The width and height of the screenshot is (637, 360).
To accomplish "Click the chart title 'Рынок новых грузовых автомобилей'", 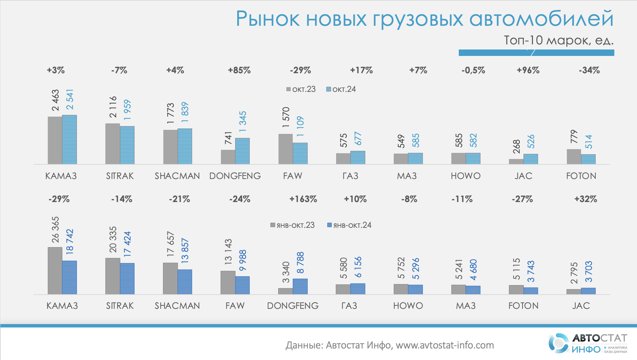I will pyautogui.click(x=424, y=19).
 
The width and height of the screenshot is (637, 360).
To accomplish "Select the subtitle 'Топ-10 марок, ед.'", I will pyautogui.click(x=558, y=40).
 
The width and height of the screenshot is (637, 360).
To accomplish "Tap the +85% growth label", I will pyautogui.click(x=239, y=70).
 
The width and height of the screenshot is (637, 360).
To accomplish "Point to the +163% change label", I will pyautogui.click(x=303, y=199).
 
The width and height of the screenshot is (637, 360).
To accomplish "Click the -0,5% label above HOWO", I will pyautogui.click(x=473, y=70).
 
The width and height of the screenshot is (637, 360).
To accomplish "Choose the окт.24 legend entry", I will pyautogui.click(x=341, y=89).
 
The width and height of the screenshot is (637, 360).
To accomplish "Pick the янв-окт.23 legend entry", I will pyautogui.click(x=293, y=225).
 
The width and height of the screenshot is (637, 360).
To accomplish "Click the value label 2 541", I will pyautogui.click(x=70, y=100).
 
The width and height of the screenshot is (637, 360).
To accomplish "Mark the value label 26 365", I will pyautogui.click(x=55, y=230).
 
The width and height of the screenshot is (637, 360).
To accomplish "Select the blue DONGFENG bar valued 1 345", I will pyautogui.click(x=242, y=151).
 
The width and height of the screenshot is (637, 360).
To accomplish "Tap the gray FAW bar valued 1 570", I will pyautogui.click(x=286, y=149).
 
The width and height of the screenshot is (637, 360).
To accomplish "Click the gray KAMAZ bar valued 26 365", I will pyautogui.click(x=55, y=271).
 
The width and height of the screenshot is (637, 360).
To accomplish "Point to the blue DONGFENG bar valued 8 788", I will pyautogui.click(x=300, y=286).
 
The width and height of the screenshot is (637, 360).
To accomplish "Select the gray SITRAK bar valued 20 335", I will pyautogui.click(x=112, y=276).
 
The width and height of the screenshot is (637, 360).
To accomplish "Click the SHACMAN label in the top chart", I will pyautogui.click(x=177, y=176).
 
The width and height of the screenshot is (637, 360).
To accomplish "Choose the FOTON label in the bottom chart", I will pyautogui.click(x=523, y=306).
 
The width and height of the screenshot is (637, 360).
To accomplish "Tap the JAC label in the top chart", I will pyautogui.click(x=523, y=176).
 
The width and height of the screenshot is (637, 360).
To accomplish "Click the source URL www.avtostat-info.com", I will pyautogui.click(x=445, y=345).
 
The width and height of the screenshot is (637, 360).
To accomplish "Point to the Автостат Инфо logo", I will pyautogui.click(x=588, y=343).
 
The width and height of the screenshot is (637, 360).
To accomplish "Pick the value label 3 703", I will pyautogui.click(x=589, y=272).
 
